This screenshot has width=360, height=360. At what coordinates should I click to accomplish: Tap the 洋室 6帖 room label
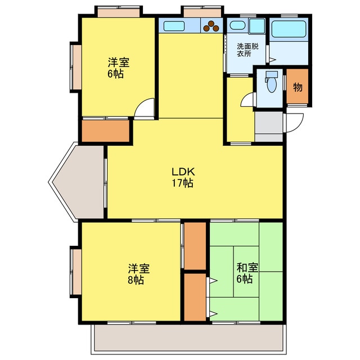116,67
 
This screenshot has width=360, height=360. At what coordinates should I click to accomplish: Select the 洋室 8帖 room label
138,274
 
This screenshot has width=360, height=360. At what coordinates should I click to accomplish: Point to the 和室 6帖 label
244,274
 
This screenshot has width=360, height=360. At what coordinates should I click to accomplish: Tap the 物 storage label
298,87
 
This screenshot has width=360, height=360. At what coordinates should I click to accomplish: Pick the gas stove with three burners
213,25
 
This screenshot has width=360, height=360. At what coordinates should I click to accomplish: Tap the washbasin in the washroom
237,25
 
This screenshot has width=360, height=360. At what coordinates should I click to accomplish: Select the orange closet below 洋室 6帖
106,130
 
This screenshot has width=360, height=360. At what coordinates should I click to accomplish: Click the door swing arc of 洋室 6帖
145,108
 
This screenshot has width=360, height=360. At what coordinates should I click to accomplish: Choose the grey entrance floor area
269,126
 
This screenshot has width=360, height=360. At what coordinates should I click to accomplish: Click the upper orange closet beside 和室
196,246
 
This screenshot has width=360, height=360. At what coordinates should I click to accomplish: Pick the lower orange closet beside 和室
196,296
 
